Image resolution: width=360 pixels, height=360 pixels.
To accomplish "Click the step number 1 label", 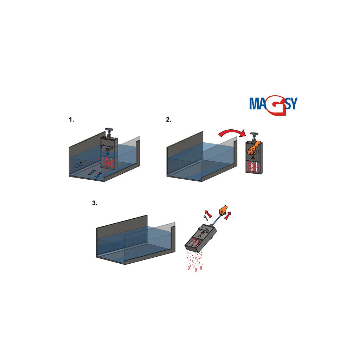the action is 72,120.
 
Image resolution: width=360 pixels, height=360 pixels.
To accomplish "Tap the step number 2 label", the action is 168,120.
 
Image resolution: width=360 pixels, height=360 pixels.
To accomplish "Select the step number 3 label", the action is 95,203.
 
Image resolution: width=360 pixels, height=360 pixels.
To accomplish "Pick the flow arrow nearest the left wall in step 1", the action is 79,164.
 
